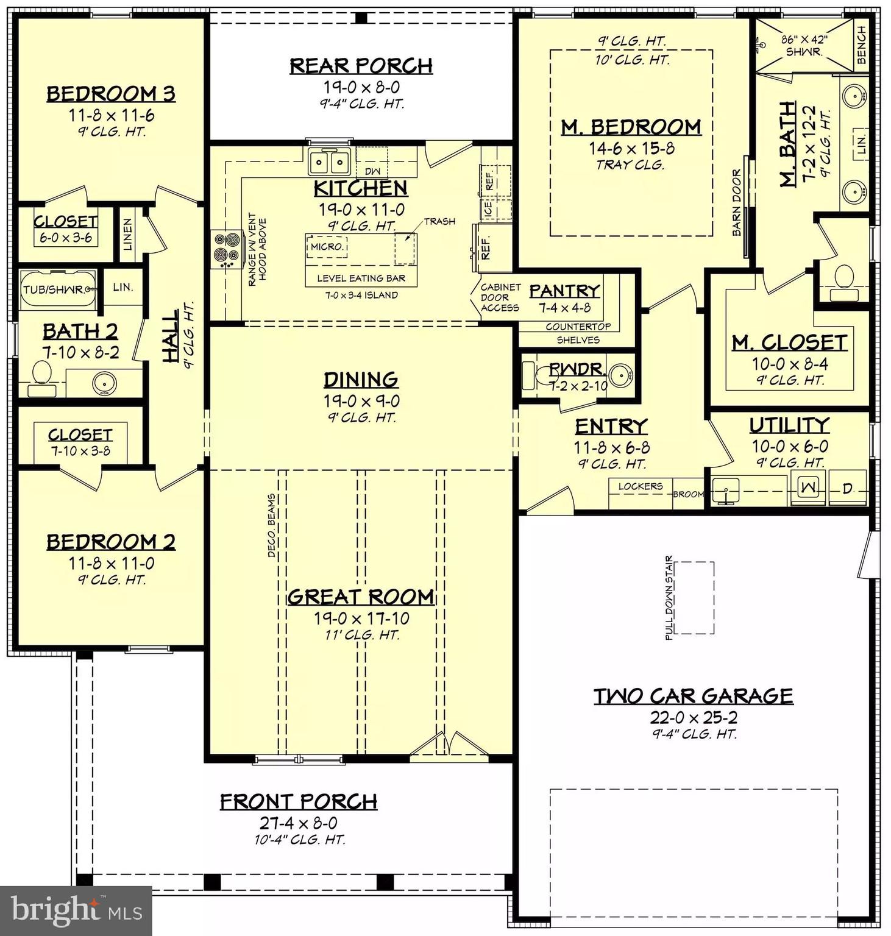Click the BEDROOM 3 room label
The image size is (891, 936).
pos(111,94)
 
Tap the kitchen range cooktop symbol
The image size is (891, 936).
pos(225,249)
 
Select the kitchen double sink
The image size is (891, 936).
pos(329,161)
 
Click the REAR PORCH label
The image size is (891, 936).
pos(361,65)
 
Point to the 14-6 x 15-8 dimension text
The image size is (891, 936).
pos(631,148)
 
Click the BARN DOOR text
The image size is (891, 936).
pos(737,203)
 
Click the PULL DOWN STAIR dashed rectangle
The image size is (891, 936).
pos(694,598)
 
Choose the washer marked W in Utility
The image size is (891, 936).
pos(809,487)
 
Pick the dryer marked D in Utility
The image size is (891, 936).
pos(847,487)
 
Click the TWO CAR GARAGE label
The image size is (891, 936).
pos(694,696)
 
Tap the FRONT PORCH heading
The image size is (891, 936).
pos(299,801)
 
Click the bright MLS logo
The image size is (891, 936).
pos(76,910)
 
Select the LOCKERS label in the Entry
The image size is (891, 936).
pos(640,486)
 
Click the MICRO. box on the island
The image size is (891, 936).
pos(327,247)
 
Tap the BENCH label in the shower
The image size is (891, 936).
pos(861,44)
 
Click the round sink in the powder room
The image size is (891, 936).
pos(621,374)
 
